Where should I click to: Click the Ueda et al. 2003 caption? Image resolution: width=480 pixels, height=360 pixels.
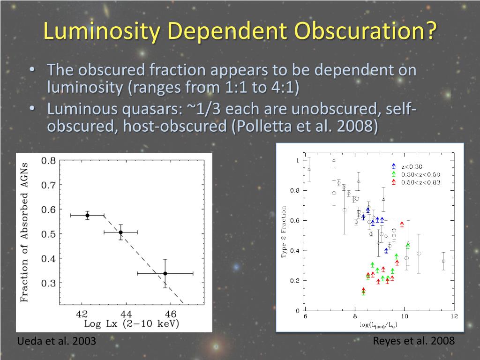(x=56, y=341)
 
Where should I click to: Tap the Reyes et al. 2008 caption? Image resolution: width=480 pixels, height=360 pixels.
(x=413, y=341)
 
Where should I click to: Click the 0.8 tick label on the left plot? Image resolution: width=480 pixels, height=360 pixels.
(x=49, y=161)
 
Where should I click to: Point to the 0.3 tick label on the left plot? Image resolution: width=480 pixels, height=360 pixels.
(x=49, y=283)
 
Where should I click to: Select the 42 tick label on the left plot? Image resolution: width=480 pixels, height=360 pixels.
(x=82, y=314)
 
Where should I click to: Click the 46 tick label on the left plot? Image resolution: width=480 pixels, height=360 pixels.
(x=170, y=314)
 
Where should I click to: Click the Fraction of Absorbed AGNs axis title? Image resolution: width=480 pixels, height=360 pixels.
(x=24, y=232)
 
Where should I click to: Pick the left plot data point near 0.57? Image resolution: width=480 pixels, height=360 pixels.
(x=87, y=215)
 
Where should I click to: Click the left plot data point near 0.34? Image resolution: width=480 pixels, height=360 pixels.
(x=165, y=273)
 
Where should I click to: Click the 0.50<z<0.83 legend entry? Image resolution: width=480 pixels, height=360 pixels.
(x=420, y=182)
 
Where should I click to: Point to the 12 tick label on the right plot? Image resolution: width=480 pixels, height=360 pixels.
(x=453, y=317)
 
